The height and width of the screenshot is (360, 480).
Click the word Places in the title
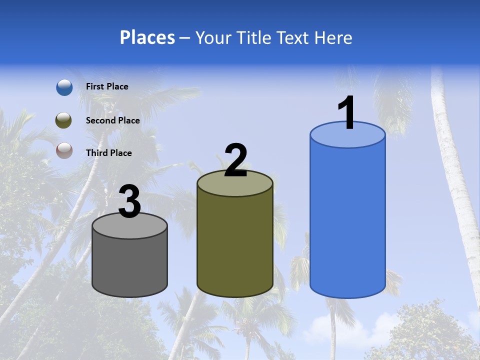[147, 37]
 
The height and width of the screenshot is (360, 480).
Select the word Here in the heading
[335, 37]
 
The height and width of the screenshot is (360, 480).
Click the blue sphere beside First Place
[64, 87]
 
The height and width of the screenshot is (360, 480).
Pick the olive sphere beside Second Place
[64, 120]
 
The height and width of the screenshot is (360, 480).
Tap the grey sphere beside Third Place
[64, 150]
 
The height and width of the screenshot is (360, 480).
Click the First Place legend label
[107, 86]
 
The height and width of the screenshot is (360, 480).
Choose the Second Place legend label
[112, 120]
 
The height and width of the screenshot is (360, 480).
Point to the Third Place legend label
[108, 153]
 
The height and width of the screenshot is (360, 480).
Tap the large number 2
[236, 160]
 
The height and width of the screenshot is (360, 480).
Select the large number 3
[129, 201]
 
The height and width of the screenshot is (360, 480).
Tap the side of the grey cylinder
[129, 265]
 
